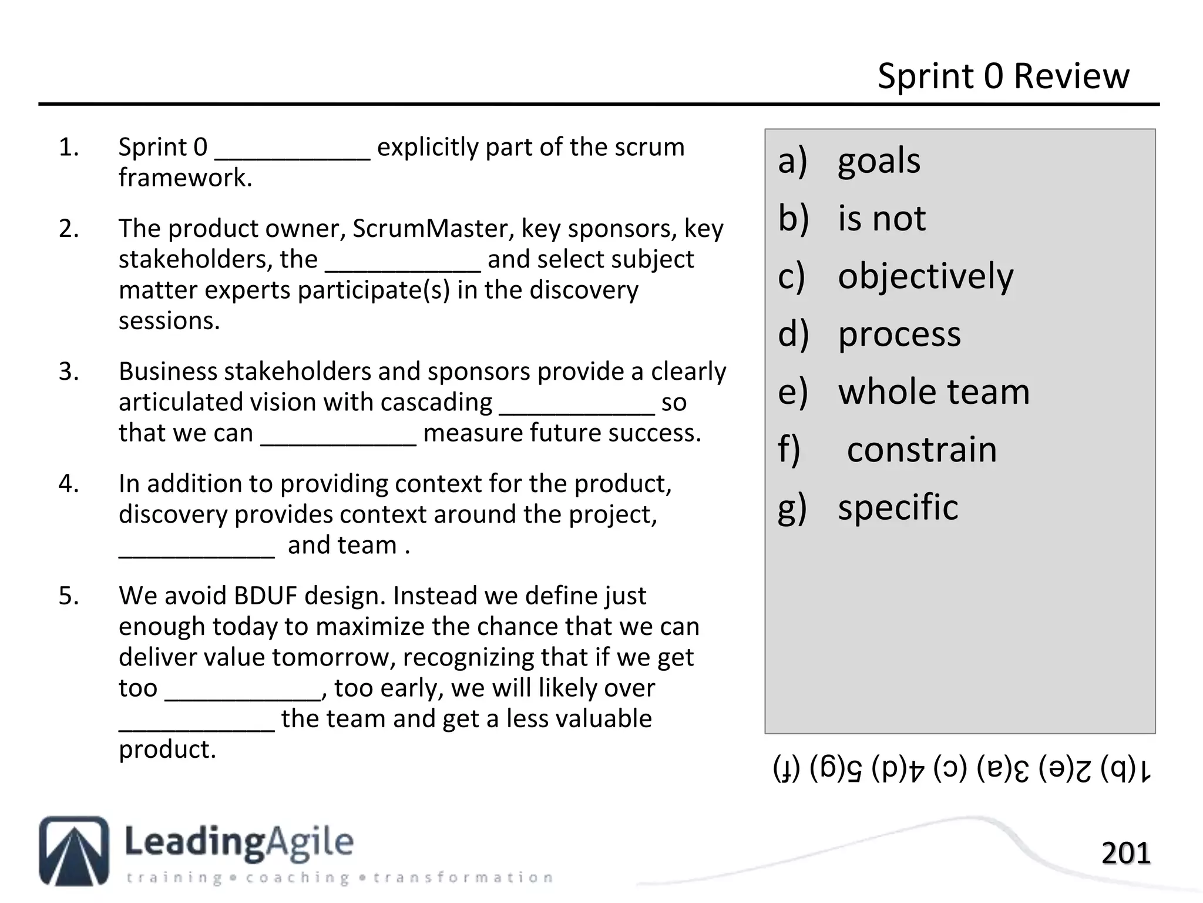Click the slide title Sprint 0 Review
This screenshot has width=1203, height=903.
click(x=1003, y=76)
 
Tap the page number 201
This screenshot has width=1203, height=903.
click(x=1125, y=853)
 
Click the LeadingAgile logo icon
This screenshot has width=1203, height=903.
click(x=74, y=850)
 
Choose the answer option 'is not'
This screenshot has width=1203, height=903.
click(x=882, y=218)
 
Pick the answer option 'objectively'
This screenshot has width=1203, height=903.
click(x=925, y=276)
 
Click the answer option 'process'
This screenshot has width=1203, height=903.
click(x=899, y=334)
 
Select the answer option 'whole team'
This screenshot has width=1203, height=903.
click(x=933, y=392)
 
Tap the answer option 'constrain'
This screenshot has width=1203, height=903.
click(x=922, y=449)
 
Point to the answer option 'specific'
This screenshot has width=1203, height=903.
click(x=898, y=507)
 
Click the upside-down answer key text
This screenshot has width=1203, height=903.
click(x=962, y=770)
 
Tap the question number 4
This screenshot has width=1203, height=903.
click(x=69, y=483)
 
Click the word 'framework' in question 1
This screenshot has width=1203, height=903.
click(x=185, y=178)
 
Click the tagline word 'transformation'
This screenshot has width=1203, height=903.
click(x=463, y=878)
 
